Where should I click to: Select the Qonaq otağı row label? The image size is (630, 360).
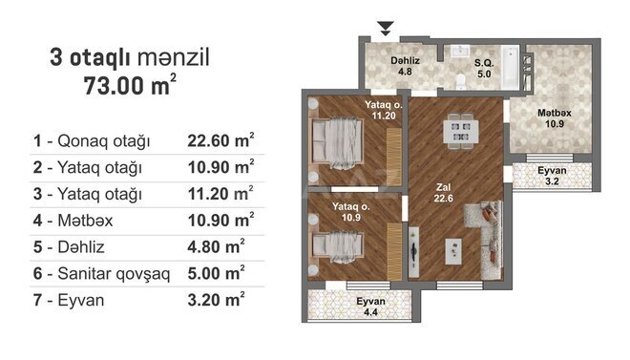click(92, 142)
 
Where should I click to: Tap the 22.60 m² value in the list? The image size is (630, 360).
click(220, 142)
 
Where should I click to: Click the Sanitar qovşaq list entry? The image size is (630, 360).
click(101, 274)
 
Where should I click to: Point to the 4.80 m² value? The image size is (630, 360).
click(218, 248)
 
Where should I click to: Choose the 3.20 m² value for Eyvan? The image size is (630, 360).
click(218, 301)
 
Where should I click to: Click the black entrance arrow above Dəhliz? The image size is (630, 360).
click(385, 28)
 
